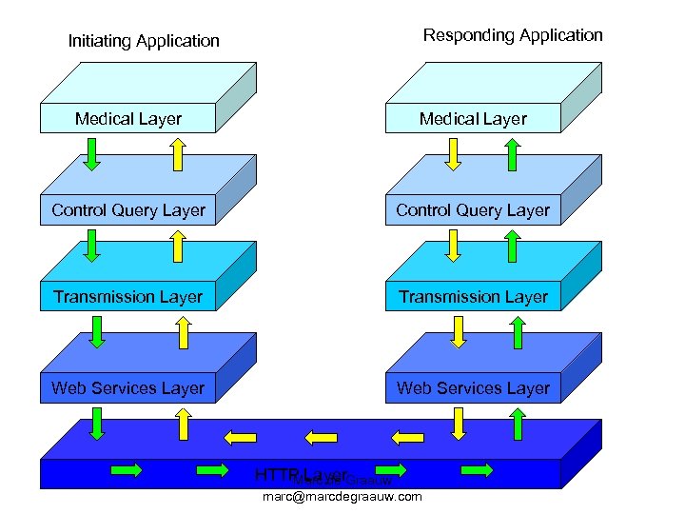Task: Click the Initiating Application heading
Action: coord(144,41)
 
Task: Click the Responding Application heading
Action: coord(513,35)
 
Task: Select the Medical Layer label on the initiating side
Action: coord(128,119)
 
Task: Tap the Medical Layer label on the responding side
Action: coord(473,119)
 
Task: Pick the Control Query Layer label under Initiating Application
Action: coord(128,210)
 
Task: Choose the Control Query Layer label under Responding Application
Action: coord(473,210)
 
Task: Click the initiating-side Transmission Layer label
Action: coord(128,297)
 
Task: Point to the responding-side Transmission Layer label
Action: coord(473,297)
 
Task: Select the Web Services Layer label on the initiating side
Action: coord(128,387)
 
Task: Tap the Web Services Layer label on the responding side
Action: coord(473,387)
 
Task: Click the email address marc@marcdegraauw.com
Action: coord(342,496)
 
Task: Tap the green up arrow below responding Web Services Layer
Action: coord(519,424)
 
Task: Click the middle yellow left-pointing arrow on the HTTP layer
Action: coord(321,437)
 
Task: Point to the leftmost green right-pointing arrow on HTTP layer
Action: coord(127,469)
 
